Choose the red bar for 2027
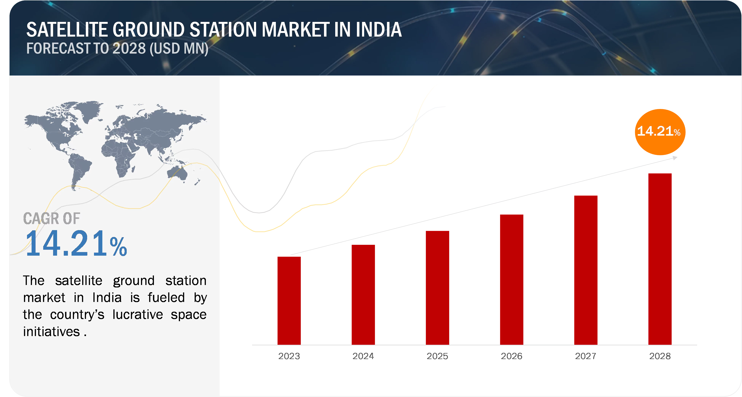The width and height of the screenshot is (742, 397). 586,270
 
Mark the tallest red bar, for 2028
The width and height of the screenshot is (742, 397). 660,259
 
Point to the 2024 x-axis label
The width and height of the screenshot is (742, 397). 363,356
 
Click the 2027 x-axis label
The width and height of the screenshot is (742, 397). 586,356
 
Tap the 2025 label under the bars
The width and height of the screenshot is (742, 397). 437,356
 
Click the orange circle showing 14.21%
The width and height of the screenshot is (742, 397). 660,132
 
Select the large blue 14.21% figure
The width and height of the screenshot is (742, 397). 76,244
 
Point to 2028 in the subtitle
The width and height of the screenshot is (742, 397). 129,48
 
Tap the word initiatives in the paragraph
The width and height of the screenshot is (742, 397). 51,331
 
